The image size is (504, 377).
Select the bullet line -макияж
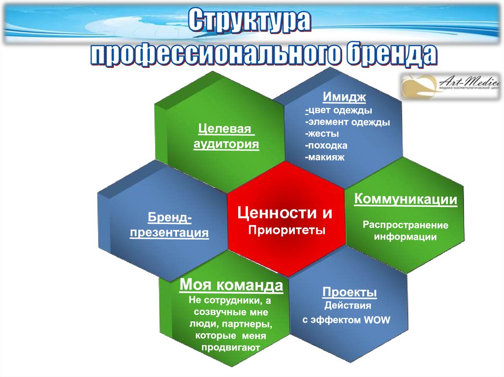click(325, 157)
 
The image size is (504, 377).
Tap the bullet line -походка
click(326, 145)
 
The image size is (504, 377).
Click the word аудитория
click(226, 144)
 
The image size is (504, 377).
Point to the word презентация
click(169, 232)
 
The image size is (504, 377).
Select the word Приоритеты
click(287, 230)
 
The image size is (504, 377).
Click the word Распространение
click(406, 225)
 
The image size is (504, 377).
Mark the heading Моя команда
click(231, 286)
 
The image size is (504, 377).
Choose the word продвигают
click(230, 348)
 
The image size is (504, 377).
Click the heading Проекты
click(350, 292)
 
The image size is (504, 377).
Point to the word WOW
click(377, 320)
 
